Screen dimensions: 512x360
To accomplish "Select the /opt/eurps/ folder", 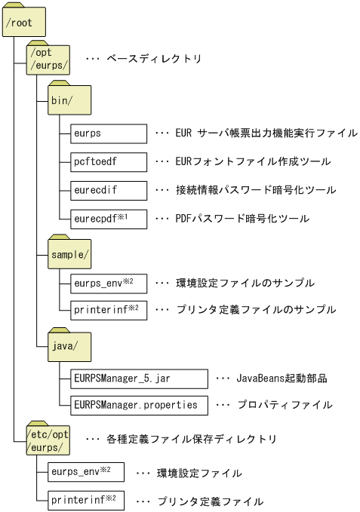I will click(48, 59).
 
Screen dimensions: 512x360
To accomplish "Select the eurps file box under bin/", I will click(106, 133).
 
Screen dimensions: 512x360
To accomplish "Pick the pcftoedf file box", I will click(106, 161).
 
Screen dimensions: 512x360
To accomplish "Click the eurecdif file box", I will click(106, 189).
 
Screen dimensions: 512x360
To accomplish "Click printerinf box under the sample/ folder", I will click(106, 309).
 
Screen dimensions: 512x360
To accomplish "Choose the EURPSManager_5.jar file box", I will click(137, 377).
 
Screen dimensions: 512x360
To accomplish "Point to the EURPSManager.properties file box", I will click(137, 405).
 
